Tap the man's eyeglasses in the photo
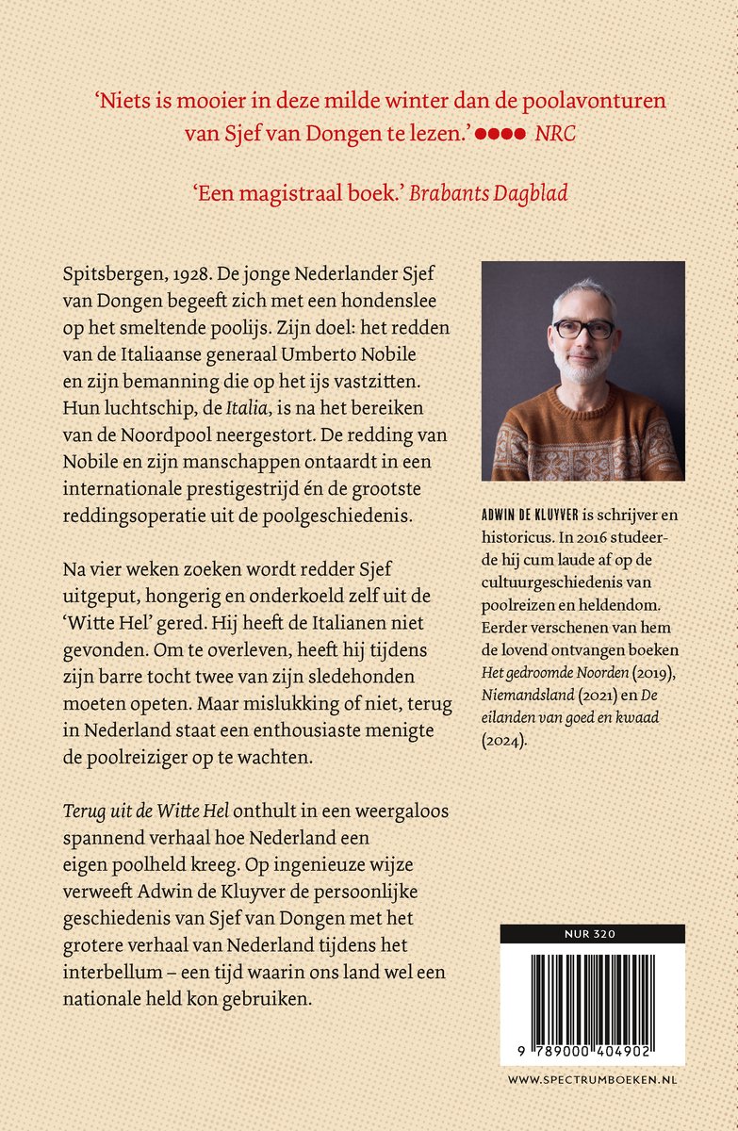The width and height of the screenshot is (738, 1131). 583,329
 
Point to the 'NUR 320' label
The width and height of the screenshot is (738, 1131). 592,934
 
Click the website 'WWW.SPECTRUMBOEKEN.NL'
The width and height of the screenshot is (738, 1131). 592,1079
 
